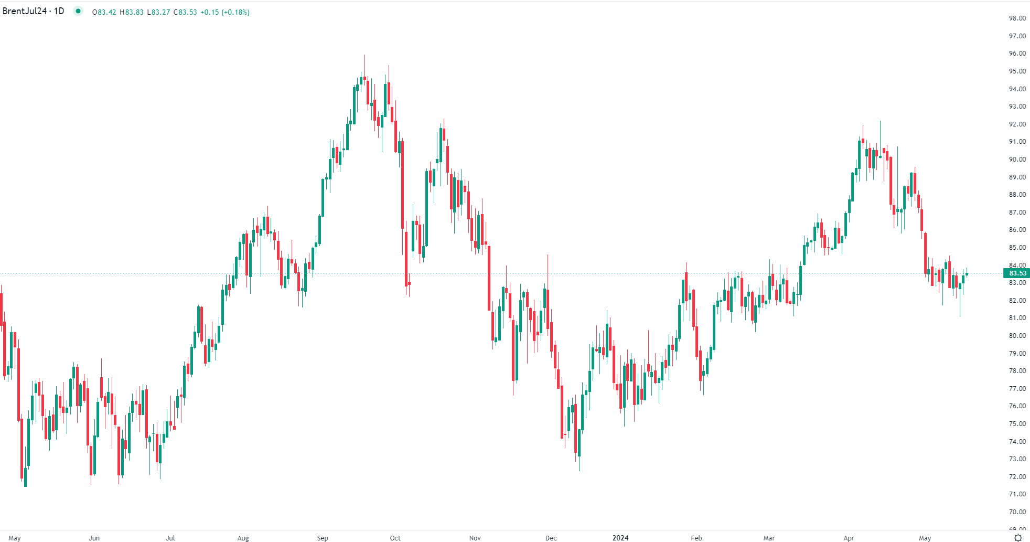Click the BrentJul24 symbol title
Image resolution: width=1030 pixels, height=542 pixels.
tap(33, 11)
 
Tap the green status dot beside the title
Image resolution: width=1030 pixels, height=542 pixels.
tap(78, 11)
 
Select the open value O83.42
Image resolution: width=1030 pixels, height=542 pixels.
tap(104, 12)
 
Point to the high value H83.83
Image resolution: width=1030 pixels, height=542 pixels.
tap(132, 12)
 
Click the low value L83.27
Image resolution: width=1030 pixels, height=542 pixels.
tap(158, 12)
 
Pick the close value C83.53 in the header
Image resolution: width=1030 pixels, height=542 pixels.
tap(185, 12)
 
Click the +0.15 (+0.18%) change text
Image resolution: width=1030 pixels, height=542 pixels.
tap(225, 12)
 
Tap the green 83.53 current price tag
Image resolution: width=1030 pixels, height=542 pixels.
tap(1017, 273)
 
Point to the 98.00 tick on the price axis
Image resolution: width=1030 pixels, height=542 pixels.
tap(1017, 18)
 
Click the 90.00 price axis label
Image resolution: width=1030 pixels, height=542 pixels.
tap(1017, 160)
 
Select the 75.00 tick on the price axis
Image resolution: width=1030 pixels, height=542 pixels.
tap(1017, 424)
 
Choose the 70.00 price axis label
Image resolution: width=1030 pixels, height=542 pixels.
tap(1017, 512)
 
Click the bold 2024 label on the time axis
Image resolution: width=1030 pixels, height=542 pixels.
tap(620, 538)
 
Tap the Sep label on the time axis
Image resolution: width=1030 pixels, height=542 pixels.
tap(323, 538)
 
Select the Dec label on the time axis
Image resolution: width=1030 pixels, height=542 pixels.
tap(551, 538)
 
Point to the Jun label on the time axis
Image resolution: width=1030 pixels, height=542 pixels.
tap(94, 538)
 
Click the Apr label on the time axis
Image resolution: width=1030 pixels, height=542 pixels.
tap(849, 538)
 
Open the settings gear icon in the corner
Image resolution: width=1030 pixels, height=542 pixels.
tap(1018, 537)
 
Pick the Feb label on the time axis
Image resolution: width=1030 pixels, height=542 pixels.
tap(696, 538)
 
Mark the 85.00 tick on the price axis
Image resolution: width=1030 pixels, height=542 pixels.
tap(1017, 248)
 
